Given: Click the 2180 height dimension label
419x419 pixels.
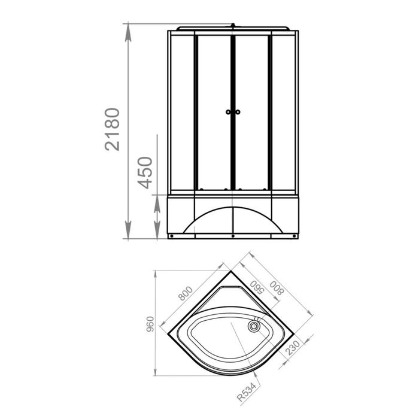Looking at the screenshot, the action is point(113,129).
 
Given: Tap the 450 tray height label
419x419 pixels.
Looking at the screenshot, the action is point(145,172).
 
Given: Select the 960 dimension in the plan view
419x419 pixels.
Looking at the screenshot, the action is point(150,324).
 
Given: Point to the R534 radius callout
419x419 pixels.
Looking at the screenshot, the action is point(247,391).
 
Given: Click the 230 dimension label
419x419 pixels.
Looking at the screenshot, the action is point(293,347).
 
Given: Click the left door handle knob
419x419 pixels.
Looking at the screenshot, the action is point(228,112).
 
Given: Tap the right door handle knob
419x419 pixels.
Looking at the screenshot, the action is point(237,112).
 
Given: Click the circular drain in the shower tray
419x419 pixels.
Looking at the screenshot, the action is point(253,326).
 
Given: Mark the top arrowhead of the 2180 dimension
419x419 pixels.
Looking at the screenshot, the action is point(128,32).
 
